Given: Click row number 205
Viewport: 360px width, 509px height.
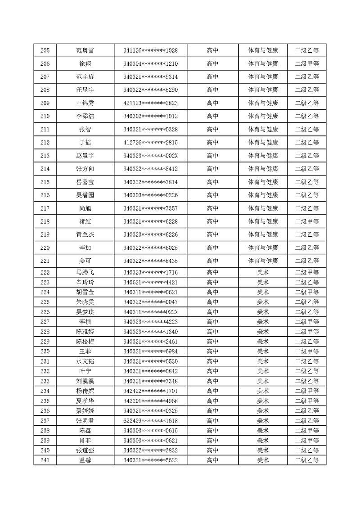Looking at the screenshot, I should (45, 50).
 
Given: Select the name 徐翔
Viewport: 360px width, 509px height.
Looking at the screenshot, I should (85, 63).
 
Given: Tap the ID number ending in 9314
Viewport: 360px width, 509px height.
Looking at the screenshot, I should (150, 77).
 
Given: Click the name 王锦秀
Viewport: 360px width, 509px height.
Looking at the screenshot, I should (85, 103).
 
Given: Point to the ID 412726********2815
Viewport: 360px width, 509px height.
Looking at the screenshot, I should (150, 143).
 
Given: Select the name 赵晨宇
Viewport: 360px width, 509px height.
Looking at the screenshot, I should (85, 156).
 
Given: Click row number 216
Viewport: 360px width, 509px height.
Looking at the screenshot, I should (45, 195).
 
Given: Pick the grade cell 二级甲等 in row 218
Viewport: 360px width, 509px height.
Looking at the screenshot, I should (307, 221).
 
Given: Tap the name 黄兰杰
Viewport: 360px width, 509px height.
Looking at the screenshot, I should (85, 234).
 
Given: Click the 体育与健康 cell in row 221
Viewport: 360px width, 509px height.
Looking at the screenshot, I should (263, 261).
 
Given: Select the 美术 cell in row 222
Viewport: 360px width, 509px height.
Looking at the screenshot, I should (263, 272).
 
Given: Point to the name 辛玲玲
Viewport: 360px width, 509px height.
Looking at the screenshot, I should (85, 282).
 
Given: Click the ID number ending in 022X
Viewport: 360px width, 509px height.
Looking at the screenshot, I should (150, 312).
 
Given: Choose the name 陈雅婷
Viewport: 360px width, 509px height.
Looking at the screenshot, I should (85, 332).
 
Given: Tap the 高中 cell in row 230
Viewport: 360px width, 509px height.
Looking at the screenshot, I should (212, 351).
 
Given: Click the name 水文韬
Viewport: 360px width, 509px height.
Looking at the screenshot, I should (85, 361).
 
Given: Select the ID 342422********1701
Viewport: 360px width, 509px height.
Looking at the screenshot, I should (150, 391).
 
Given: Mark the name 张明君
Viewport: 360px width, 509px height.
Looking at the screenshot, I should (85, 421).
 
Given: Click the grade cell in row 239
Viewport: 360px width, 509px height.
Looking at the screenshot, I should (307, 441).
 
